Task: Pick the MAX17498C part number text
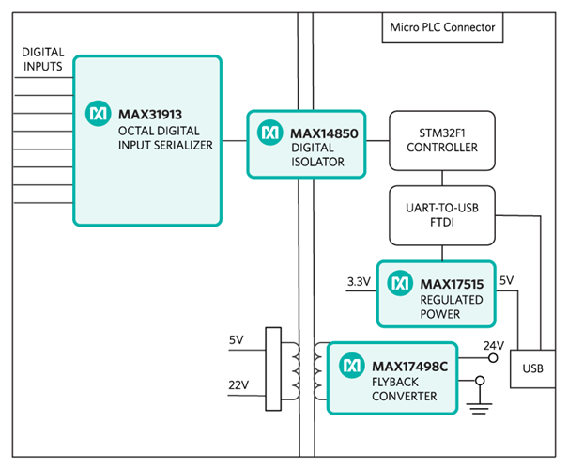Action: [x=409, y=363]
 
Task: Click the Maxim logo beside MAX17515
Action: [x=400, y=281]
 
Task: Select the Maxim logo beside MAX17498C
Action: [x=352, y=363]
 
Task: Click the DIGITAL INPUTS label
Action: [x=43, y=59]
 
